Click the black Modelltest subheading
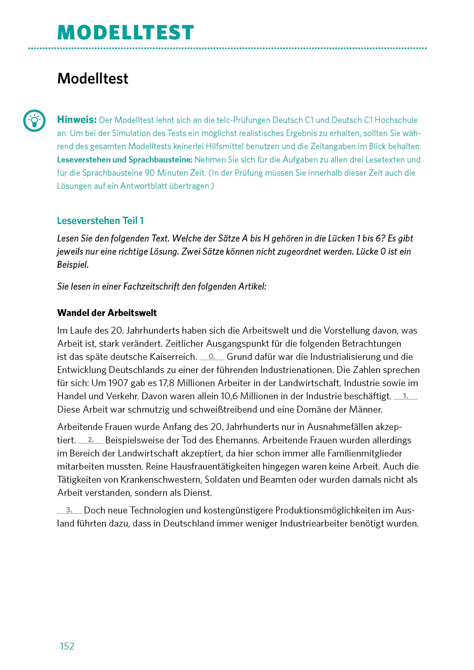(93, 79)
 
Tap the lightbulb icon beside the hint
(34, 121)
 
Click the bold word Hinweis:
(77, 120)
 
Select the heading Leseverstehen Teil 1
(100, 221)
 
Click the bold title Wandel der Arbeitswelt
(107, 313)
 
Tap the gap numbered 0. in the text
(212, 357)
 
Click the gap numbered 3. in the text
(69, 510)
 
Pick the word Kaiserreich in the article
(174, 357)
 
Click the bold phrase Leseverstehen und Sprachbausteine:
(125, 160)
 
